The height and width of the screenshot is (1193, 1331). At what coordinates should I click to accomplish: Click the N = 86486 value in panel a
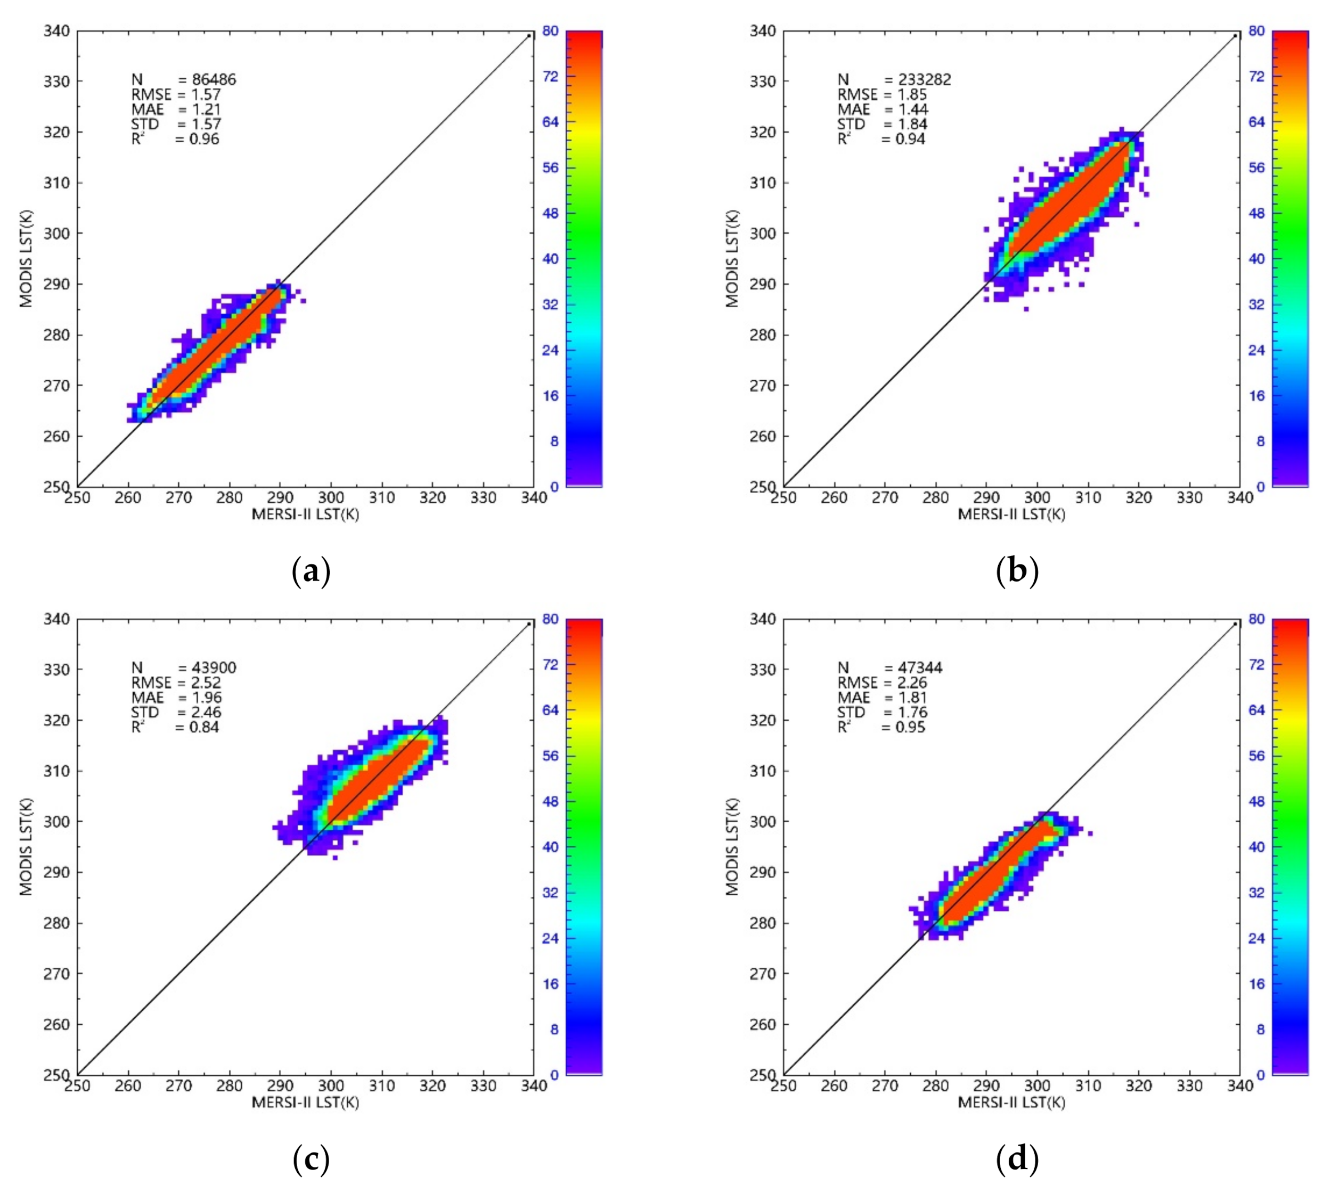[213, 80]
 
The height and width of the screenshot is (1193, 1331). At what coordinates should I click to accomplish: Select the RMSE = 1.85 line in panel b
[882, 94]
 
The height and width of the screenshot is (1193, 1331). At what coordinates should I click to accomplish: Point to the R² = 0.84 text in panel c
[175, 727]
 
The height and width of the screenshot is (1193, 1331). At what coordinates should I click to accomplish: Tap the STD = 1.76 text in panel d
[882, 712]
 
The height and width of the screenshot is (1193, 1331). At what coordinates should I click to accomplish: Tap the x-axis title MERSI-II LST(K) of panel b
[1011, 514]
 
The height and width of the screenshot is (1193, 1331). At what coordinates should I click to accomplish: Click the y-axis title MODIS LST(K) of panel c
[26, 846]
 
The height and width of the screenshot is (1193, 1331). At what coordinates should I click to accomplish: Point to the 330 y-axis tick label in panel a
[57, 81]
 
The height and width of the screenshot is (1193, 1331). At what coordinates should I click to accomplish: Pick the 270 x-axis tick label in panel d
[885, 1085]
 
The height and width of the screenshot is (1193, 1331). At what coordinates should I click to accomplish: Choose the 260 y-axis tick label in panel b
[763, 436]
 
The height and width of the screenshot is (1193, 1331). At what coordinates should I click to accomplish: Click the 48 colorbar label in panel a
[550, 213]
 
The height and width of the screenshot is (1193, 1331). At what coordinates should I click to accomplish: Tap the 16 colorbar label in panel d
[1256, 983]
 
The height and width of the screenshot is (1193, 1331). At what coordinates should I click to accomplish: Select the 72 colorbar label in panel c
[550, 665]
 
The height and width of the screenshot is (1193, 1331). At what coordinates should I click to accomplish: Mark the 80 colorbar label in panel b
[1256, 31]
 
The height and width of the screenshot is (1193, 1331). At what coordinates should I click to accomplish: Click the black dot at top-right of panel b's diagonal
[1235, 36]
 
